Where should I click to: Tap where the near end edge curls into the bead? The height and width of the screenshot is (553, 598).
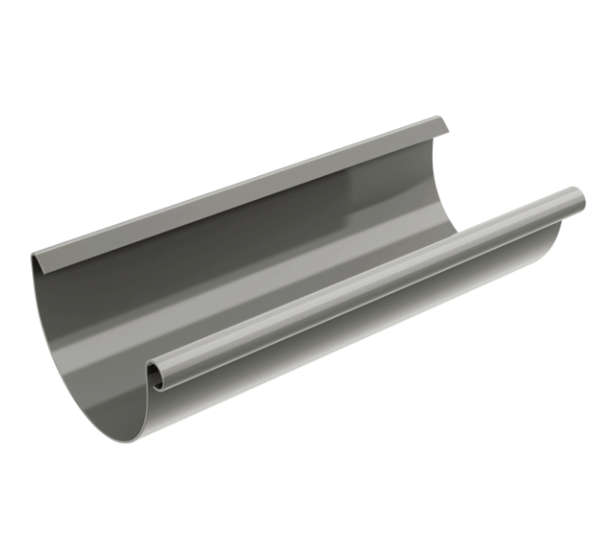[147, 394]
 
